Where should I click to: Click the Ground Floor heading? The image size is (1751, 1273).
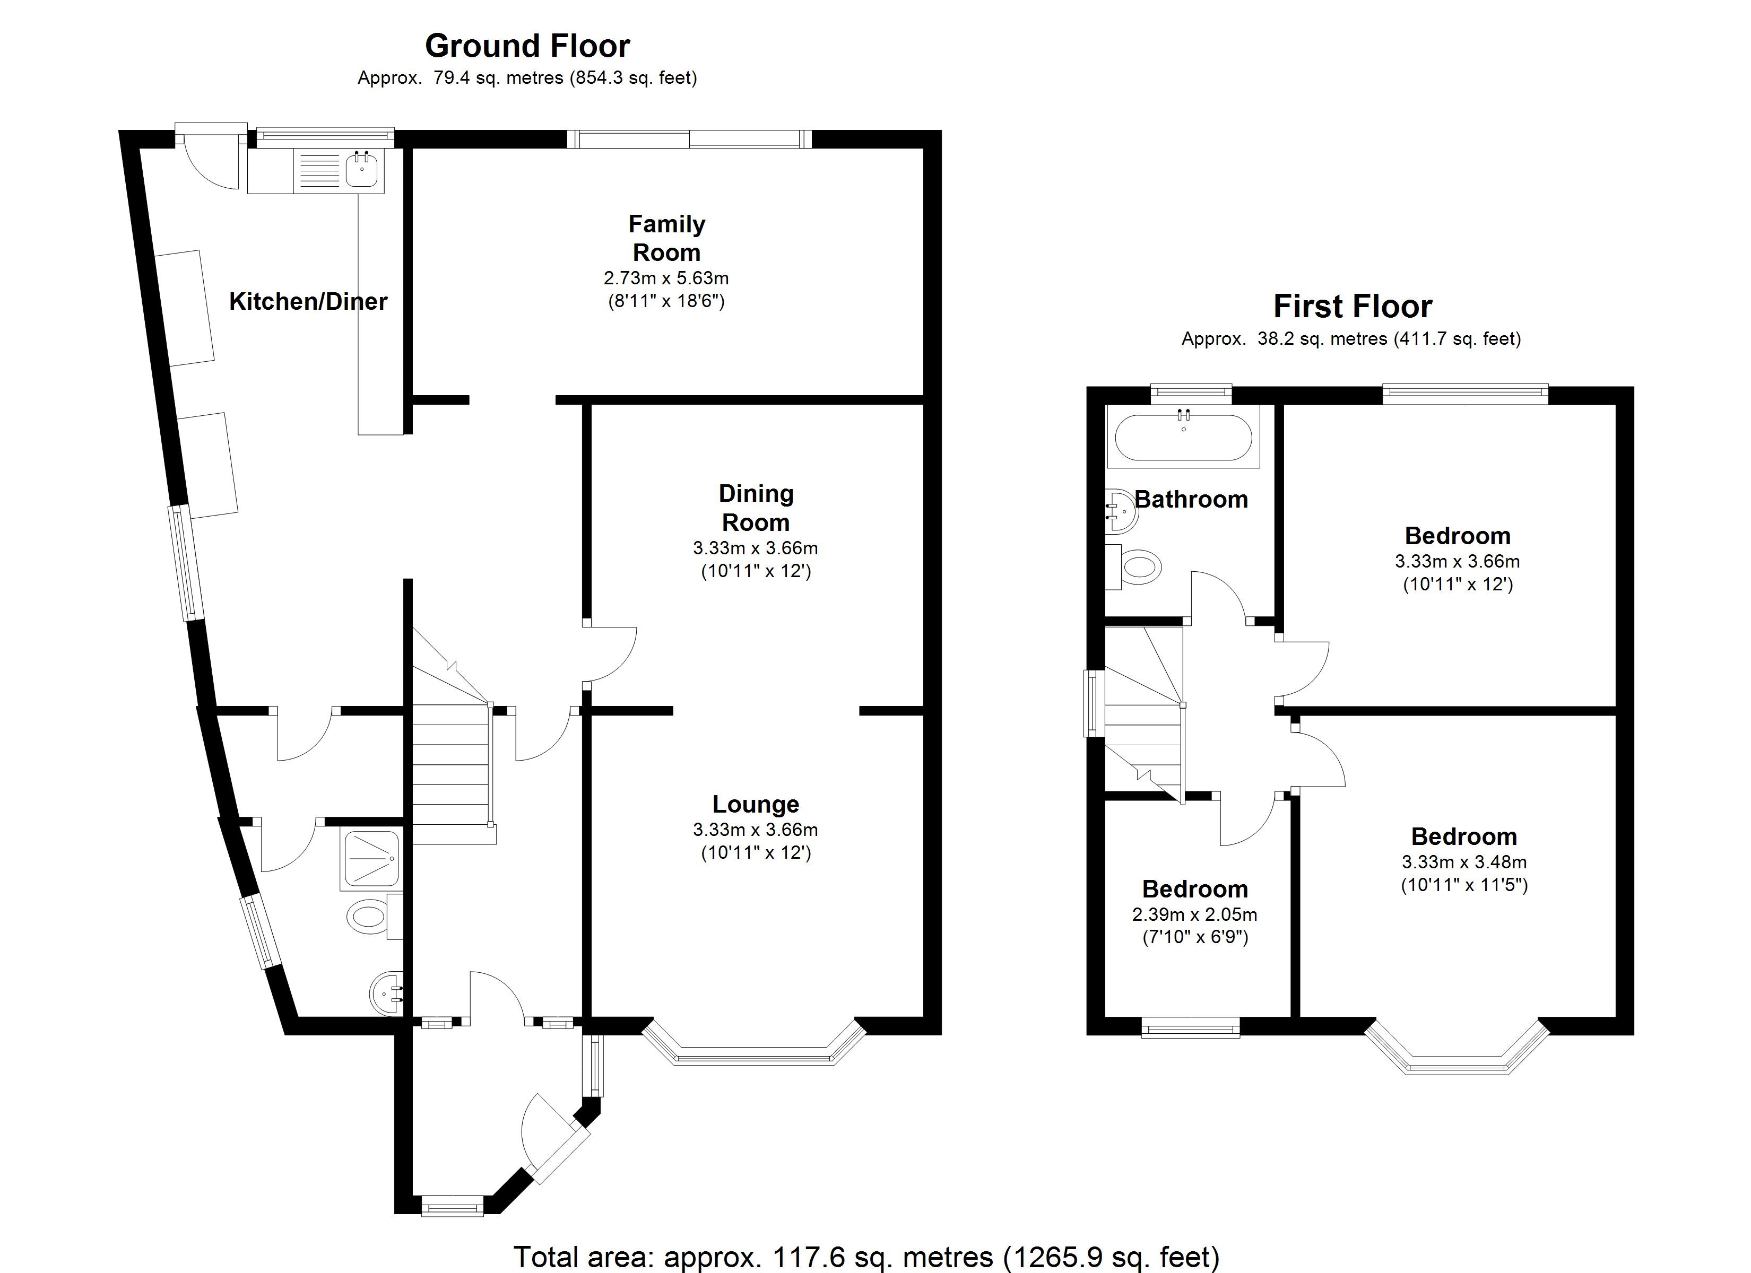point(527,46)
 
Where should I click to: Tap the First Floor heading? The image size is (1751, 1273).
point(1352,307)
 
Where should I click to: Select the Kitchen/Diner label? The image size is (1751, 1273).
point(308,301)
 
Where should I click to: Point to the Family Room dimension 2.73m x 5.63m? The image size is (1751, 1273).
point(665,278)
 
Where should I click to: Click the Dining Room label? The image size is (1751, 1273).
point(755,507)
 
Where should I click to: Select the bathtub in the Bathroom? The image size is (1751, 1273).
point(1183,437)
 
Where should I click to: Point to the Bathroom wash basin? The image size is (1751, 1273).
point(1120,510)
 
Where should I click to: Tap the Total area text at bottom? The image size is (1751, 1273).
point(866,1256)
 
